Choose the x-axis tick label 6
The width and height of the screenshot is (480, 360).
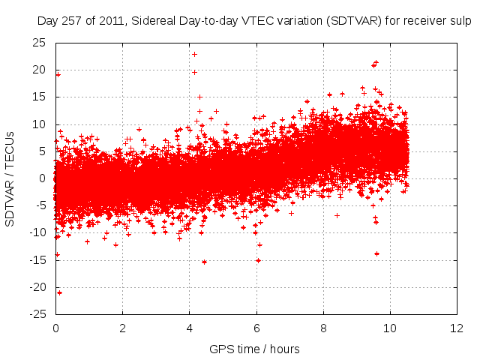256,328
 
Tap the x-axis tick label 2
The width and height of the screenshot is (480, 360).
122,328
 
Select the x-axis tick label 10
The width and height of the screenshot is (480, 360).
390,328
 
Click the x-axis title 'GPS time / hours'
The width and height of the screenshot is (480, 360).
254,349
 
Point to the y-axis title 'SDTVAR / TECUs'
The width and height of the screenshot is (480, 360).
10,178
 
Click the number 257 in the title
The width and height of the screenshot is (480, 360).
73,22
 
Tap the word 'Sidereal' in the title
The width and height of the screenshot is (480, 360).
152,22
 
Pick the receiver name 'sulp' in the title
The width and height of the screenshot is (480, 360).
459,22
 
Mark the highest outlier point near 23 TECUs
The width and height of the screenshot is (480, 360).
194,54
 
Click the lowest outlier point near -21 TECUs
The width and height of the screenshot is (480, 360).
59,292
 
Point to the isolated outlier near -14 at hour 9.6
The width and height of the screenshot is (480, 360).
376,253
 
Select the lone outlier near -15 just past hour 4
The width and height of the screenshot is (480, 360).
204,262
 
